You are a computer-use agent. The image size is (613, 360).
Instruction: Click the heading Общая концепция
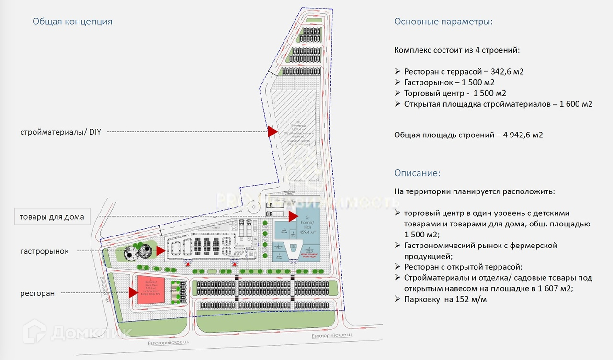coord(72,22)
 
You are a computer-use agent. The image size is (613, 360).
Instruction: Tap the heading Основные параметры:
coord(443,22)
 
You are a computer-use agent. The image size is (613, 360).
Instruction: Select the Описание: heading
coord(417,173)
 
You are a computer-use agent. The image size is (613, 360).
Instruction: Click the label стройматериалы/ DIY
coord(60,131)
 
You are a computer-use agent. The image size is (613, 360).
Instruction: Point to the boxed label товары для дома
coord(52,217)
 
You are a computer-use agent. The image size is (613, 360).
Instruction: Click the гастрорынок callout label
coord(44,251)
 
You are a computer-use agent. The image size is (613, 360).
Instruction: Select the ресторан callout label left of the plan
coord(37,293)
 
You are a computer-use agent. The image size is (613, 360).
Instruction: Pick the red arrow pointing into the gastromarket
coord(160,250)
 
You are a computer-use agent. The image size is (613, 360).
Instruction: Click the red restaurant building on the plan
coord(151,289)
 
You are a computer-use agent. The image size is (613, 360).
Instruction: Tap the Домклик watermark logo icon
coord(34,331)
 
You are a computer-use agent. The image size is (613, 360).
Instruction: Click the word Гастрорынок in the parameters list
coord(426,82)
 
